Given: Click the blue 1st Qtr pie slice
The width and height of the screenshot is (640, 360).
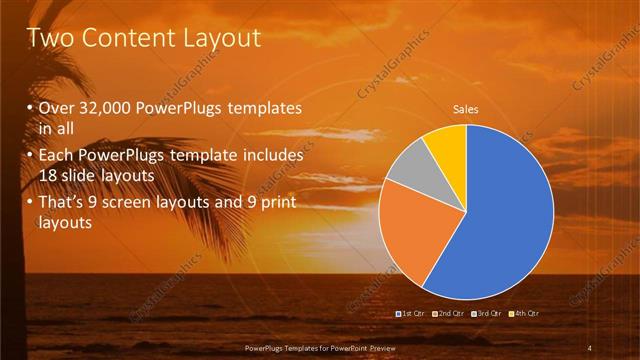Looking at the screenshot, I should point(505,215).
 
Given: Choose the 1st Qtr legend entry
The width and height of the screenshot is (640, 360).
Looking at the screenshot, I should point(412,314).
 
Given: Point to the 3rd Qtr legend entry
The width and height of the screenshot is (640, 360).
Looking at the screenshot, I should point(487,314).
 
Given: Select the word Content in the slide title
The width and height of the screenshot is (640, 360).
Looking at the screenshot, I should point(123,38).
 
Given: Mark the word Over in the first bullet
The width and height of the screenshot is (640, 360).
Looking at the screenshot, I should point(56,108).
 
